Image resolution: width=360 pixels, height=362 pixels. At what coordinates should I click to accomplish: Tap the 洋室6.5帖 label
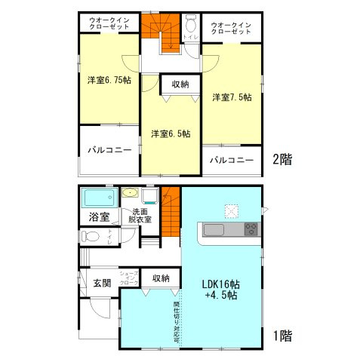[x=170, y=133]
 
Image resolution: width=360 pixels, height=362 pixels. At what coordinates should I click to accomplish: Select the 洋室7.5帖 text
[x=232, y=97]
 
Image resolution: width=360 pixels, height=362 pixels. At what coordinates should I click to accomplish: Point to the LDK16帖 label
[x=220, y=284]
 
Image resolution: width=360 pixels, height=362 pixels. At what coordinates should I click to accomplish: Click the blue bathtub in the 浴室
[x=97, y=199]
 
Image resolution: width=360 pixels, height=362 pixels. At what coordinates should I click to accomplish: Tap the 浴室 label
[x=99, y=217]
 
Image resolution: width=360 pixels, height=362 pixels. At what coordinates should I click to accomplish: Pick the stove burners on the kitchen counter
[x=251, y=229]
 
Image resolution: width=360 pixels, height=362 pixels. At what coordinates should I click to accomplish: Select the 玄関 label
[x=102, y=283]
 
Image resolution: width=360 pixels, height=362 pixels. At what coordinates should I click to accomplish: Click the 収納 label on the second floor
[x=179, y=84]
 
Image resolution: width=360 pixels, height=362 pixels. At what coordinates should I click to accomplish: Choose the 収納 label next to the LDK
[x=161, y=278]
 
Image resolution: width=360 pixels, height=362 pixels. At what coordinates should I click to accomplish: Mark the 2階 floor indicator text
[x=282, y=159]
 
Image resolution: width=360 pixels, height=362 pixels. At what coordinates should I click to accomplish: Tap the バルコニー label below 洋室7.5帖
[x=231, y=160]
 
